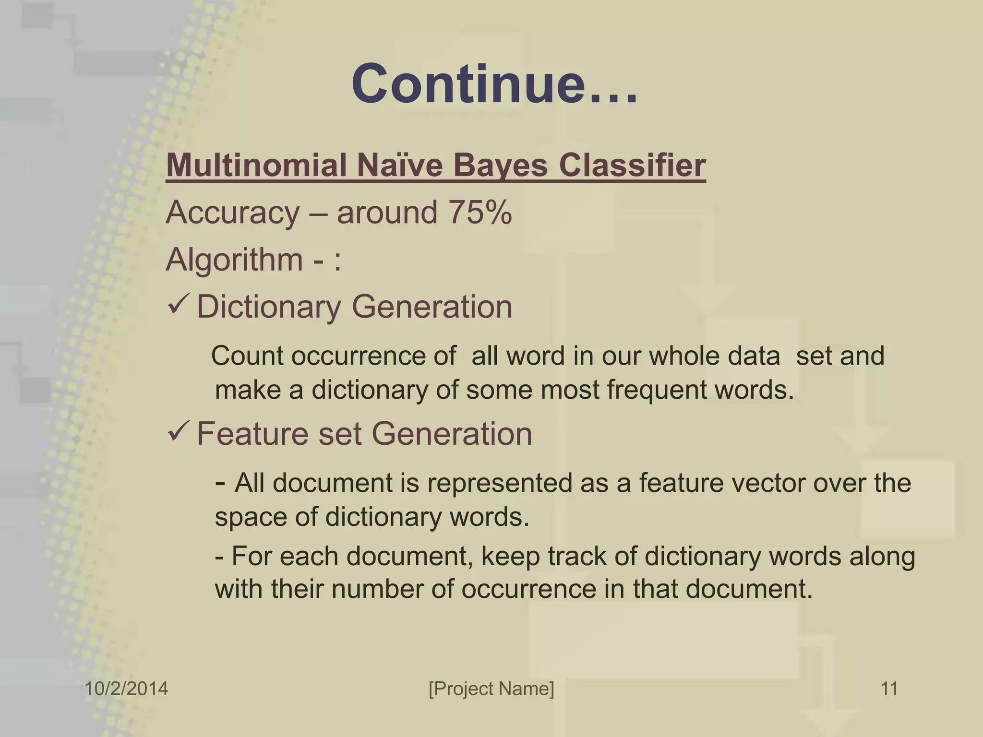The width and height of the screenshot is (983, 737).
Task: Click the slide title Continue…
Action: [x=494, y=84]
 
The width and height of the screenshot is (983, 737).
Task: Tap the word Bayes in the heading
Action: [x=500, y=166]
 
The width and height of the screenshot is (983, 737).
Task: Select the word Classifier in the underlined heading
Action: [x=632, y=166]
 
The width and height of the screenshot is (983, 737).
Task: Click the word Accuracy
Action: [x=233, y=213]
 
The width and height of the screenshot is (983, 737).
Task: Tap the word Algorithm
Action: [x=234, y=260]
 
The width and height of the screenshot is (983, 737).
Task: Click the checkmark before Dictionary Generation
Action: [x=179, y=305]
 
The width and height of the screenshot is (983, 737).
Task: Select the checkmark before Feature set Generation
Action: [x=179, y=432]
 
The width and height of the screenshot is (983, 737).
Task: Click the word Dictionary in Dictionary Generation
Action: [x=269, y=307]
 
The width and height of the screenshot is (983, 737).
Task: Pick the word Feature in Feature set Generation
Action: [x=252, y=434]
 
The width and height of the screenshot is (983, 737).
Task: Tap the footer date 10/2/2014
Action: [x=126, y=689]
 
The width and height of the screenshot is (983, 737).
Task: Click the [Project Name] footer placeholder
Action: [x=491, y=689]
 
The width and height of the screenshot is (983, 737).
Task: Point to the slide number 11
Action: [x=889, y=689]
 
